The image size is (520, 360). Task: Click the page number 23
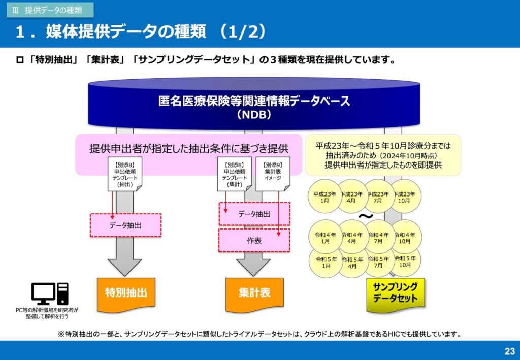pos(509,351)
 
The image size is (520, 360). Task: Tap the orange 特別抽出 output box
pos(126,294)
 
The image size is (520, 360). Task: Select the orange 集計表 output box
pos(254,294)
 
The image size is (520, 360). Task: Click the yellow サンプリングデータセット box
pos(395,294)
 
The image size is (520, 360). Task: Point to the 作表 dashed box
pos(254,240)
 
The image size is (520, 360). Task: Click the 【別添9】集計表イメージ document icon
pos(273,174)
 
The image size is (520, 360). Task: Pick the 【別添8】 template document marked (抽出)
pos(125,174)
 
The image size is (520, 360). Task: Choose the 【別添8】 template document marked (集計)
pos(235,174)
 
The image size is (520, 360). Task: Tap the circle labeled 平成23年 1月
pos(324,196)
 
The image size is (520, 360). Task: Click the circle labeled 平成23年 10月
pos(405,196)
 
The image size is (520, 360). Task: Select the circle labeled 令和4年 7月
pos(378,237)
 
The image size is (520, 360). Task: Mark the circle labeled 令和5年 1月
pos(326,262)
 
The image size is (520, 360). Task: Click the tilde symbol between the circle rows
pos(366,216)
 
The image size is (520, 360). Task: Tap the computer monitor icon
pos(44,293)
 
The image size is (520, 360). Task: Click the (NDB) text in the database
pos(254,115)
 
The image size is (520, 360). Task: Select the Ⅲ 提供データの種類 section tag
pos(50,10)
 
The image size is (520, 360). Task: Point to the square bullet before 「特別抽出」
pos(20,60)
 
